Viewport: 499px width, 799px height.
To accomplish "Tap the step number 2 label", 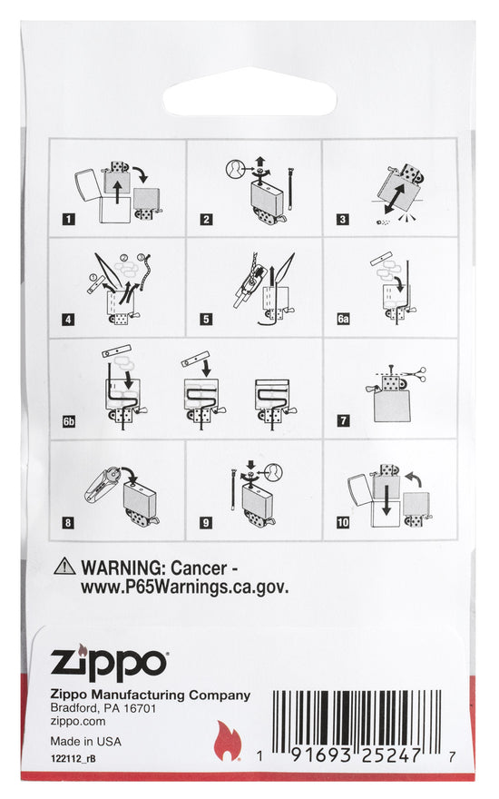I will tap(206, 219).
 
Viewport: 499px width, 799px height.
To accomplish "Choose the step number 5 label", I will tap(206, 319).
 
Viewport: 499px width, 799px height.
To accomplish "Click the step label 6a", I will tap(343, 319).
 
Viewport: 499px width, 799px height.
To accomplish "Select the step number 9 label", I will tap(206, 522).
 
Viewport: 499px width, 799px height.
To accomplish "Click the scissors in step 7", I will tap(416, 372).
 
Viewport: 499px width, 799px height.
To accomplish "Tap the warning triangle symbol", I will tap(64, 567).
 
